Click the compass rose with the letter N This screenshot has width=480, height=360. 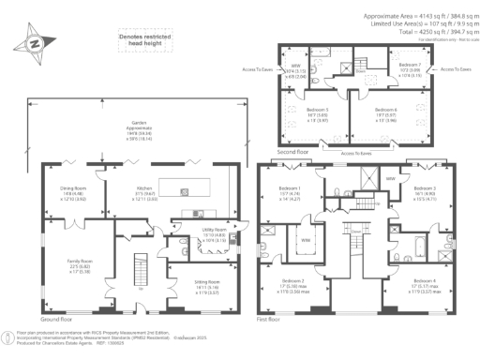click(34, 43)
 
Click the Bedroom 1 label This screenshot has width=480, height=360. click(291, 192)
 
